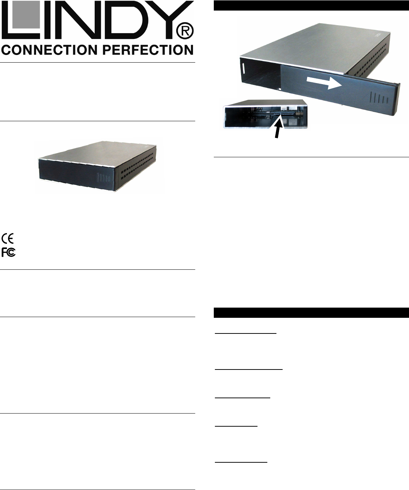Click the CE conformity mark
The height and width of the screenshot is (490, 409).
8,239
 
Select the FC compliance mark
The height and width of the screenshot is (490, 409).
8,252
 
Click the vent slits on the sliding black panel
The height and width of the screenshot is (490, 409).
378,98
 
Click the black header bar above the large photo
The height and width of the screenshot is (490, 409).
311,5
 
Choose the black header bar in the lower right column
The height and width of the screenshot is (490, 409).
311,313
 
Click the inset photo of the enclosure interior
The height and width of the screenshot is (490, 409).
265,114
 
